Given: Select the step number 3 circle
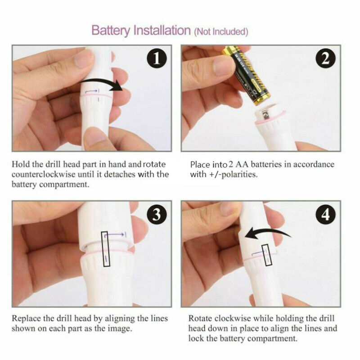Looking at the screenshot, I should (x=156, y=215).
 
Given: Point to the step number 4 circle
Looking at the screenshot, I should (x=325, y=215).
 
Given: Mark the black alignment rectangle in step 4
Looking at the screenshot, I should (x=265, y=256).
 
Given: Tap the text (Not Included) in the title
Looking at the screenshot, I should (x=220, y=31).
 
